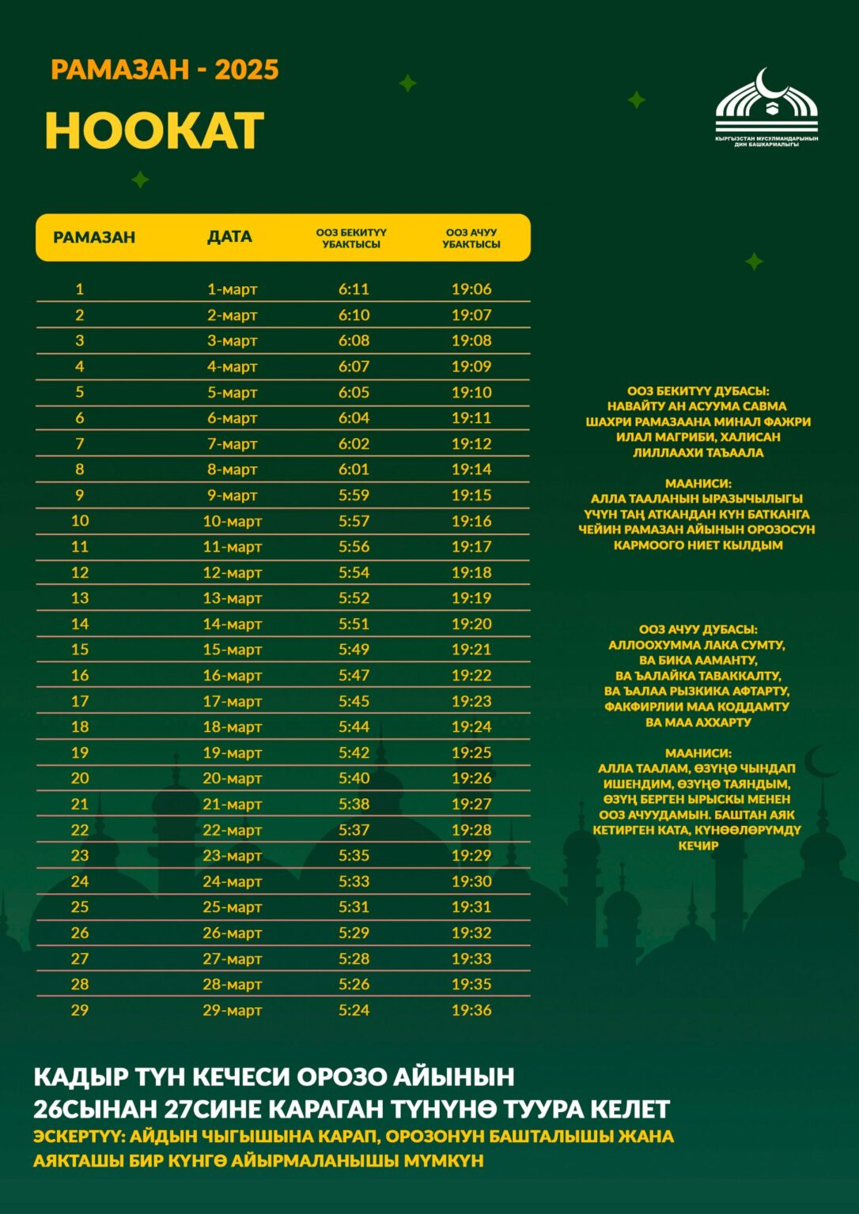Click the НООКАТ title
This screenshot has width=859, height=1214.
click(x=154, y=130)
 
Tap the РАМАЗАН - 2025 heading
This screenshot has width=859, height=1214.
click(x=165, y=70)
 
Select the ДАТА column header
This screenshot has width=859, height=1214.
click(x=229, y=237)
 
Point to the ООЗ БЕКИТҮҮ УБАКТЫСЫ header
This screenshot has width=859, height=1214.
click(x=351, y=238)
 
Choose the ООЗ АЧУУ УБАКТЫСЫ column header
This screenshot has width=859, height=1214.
click(x=471, y=238)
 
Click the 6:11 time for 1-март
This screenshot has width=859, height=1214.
click(x=354, y=289)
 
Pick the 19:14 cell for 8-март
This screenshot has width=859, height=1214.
click(x=471, y=469)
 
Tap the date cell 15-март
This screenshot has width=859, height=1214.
click(x=232, y=650)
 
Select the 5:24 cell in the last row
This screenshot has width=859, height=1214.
click(x=354, y=1010)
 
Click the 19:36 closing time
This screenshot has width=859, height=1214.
click(x=471, y=1010)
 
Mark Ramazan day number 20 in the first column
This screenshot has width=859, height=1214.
click(x=80, y=779)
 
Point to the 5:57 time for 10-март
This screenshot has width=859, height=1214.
click(x=354, y=521)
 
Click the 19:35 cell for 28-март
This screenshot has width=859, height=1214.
click(x=471, y=984)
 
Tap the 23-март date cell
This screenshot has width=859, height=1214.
click(x=232, y=856)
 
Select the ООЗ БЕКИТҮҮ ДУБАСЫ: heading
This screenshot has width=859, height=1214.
click(x=698, y=391)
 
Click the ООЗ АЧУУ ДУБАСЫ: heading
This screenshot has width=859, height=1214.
click(x=698, y=630)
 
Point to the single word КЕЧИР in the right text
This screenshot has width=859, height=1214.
click(x=698, y=846)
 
